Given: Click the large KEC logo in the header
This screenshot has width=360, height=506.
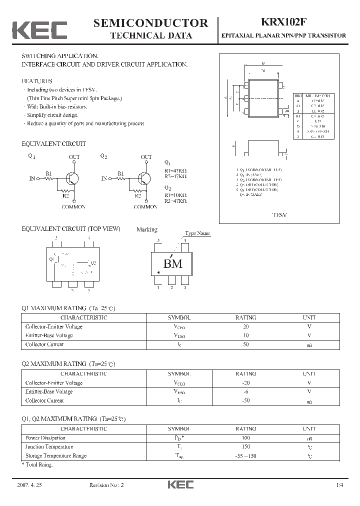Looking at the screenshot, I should coord(39,29).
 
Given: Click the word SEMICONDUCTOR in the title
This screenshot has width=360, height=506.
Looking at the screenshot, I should coord(150,22).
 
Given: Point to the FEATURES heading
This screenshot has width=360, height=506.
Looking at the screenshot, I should coord(37,80).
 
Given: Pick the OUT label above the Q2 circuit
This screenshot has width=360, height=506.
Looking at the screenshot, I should coord(146,157).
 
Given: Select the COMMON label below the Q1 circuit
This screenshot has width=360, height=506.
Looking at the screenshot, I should coord(73,206).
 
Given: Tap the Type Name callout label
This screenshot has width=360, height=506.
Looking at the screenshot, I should coord(197,233).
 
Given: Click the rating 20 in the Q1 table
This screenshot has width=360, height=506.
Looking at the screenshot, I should coord(245,326).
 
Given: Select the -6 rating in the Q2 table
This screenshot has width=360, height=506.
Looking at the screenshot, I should coord(245,391).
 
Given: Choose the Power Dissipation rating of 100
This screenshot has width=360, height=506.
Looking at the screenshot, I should coord(245,438).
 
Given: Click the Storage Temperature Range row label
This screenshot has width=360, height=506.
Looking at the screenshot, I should coord(55,455).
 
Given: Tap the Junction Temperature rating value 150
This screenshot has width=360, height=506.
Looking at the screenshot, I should coord(245,446).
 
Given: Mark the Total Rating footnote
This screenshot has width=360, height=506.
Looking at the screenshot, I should coord(37,464).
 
